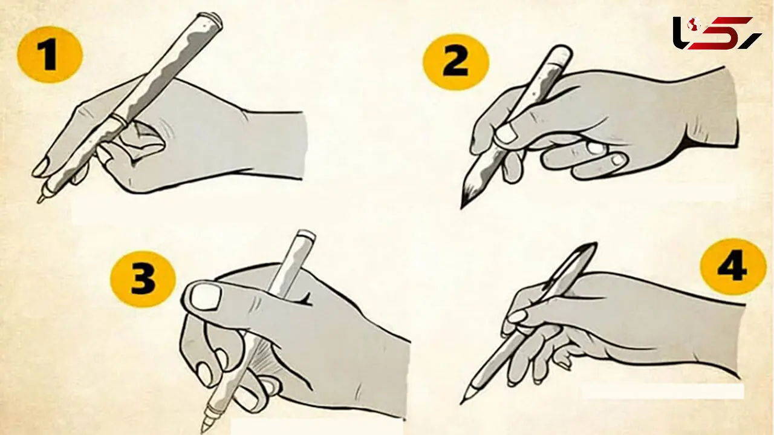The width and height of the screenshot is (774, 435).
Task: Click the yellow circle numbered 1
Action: [x=50, y=54]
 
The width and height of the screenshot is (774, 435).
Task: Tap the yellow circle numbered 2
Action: [x=455, y=62]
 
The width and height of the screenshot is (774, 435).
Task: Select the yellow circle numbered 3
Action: [x=143, y=279]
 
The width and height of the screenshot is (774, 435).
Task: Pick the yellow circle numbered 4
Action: [x=733, y=267]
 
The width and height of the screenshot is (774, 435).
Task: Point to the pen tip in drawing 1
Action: [x=39, y=200]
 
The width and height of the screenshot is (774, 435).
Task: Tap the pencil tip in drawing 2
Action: [x=462, y=208]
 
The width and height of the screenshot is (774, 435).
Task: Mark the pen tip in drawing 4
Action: [x=461, y=403]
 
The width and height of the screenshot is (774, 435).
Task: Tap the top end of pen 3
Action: [x=305, y=234]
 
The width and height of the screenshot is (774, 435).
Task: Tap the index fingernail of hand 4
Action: [x=517, y=316]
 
